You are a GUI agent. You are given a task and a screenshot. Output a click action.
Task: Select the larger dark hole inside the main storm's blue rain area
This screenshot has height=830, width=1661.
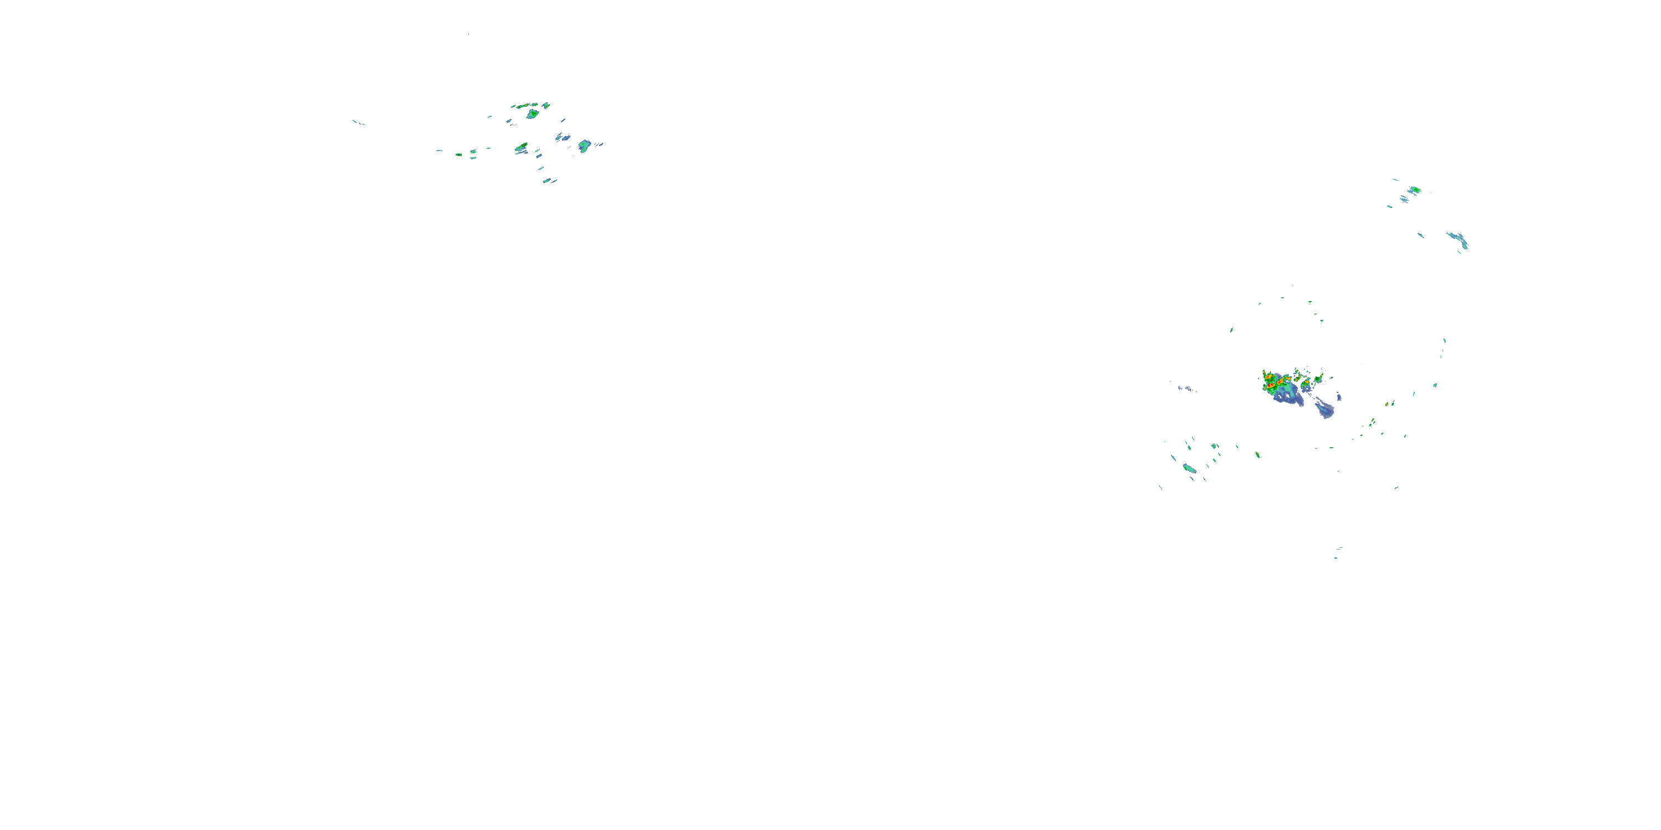point(1288,395)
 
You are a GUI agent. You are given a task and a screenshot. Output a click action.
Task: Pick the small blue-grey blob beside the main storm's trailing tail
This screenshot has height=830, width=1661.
point(1339,396)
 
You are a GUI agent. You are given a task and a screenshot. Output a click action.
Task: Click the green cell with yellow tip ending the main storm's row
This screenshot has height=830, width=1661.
point(1319,377)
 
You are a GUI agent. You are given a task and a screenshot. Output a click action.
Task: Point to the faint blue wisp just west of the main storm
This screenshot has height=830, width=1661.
point(1186,388)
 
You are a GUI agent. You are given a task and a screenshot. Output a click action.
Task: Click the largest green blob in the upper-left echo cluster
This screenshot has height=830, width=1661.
point(533,114)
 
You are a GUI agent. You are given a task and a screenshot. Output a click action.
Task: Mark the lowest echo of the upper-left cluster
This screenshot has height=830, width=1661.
point(547,181)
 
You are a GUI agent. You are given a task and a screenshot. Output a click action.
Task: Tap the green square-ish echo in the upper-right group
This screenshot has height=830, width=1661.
point(1415,190)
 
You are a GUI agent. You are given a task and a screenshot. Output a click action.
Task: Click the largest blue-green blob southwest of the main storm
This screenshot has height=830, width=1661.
point(1189,469)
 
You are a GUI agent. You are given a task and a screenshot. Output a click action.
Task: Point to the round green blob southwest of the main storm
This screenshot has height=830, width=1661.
point(1215,446)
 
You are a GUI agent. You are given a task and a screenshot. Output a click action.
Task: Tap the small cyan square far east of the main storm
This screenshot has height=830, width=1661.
point(1435,385)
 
